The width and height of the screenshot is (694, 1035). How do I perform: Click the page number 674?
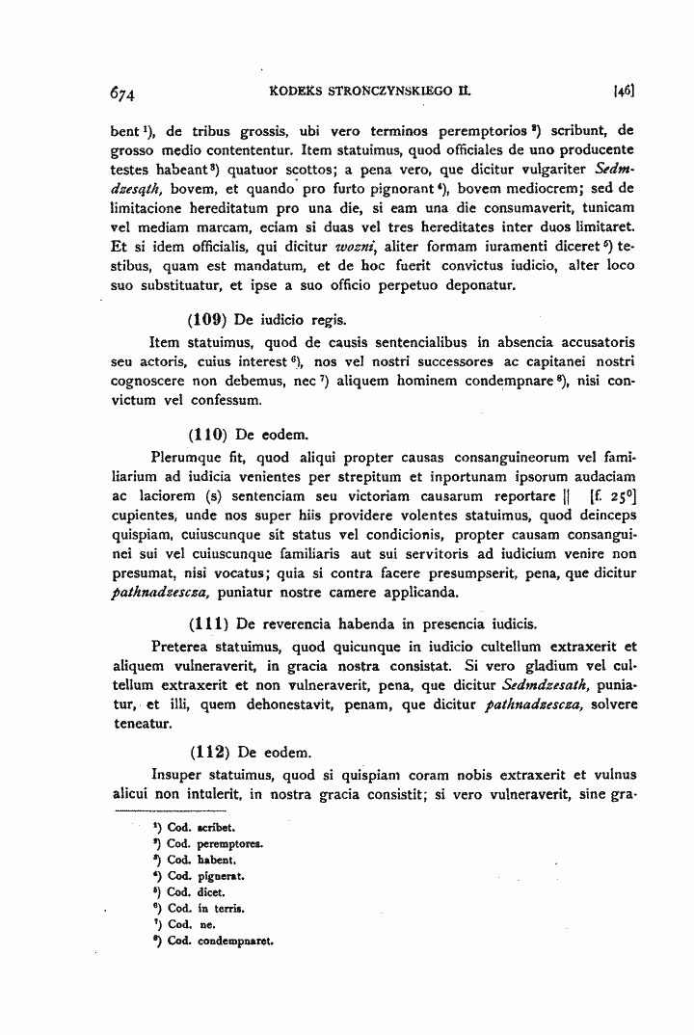tap(124, 93)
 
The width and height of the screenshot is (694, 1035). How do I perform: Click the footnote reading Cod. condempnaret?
tap(218, 941)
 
